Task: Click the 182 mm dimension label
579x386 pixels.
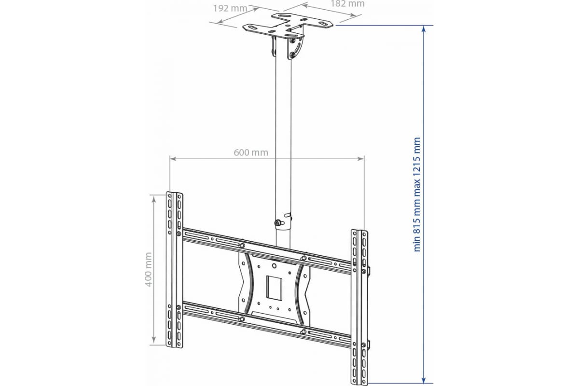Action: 347,4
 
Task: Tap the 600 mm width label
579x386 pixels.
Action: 251,152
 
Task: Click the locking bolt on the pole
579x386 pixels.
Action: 278,223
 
